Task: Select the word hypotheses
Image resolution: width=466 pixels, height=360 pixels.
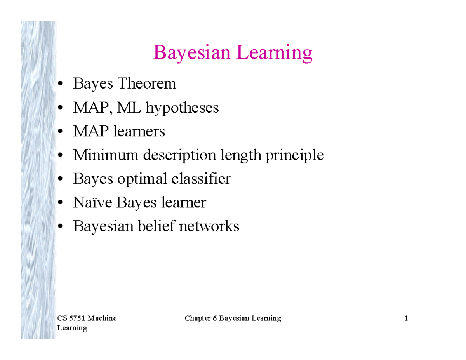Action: pyautogui.click(x=182, y=108)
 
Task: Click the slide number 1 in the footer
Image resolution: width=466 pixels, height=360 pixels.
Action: pyautogui.click(x=406, y=318)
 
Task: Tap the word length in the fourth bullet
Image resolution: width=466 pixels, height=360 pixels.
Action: pyautogui.click(x=241, y=155)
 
